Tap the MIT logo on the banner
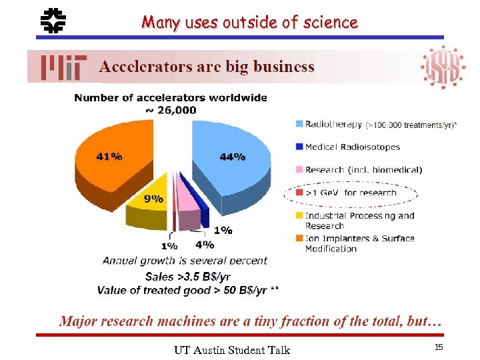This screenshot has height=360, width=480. (x=63, y=67)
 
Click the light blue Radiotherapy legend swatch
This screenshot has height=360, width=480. (x=298, y=123)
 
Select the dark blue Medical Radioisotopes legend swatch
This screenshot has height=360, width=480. (x=298, y=147)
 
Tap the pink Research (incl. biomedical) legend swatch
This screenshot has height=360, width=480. (x=298, y=170)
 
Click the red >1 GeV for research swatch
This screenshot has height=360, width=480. (x=298, y=193)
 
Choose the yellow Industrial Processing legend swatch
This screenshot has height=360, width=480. (x=298, y=215)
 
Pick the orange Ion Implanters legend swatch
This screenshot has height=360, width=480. (x=298, y=238)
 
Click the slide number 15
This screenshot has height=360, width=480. (x=439, y=347)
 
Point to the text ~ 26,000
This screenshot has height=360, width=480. (x=171, y=110)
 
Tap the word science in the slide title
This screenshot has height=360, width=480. (x=331, y=23)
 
